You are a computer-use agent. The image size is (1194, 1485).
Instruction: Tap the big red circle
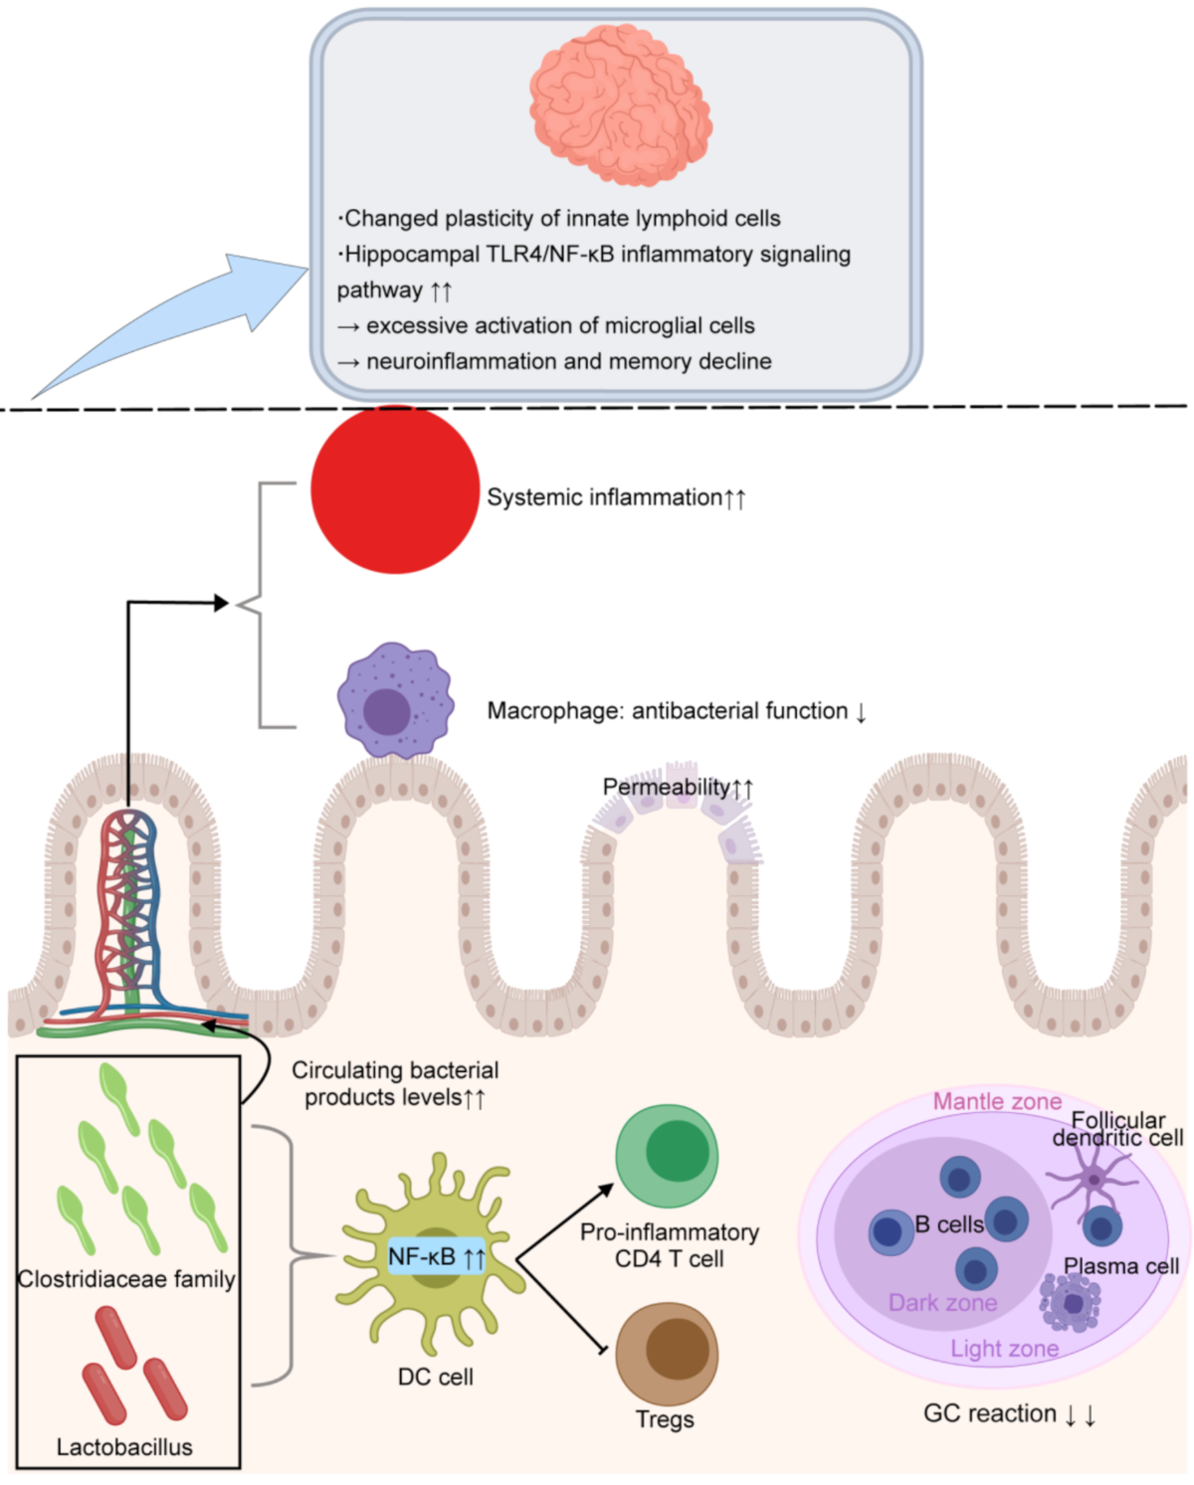(x=395, y=489)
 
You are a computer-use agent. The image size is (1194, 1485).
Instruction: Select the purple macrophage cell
(x=394, y=701)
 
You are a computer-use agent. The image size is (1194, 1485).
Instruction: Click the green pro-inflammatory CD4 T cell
(x=666, y=1156)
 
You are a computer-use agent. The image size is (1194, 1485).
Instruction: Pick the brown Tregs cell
(x=666, y=1353)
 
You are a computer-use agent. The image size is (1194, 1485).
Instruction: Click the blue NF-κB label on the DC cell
(x=436, y=1257)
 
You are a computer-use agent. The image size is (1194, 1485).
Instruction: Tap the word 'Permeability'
(x=666, y=787)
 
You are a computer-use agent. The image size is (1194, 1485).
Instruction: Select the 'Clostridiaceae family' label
(x=126, y=1279)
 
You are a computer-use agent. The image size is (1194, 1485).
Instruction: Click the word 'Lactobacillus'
(x=124, y=1447)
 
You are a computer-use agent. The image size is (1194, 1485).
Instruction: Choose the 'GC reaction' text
(x=990, y=1413)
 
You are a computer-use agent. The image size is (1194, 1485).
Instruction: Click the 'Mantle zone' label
(x=996, y=1101)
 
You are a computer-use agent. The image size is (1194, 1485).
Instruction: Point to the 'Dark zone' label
(x=942, y=1303)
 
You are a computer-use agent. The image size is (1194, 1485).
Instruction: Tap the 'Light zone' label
(x=1004, y=1349)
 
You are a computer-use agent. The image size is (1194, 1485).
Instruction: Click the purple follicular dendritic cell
(x=1093, y=1181)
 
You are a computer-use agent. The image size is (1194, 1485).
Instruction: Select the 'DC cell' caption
(x=435, y=1377)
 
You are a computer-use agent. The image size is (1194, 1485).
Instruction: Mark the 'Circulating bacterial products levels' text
(x=395, y=1084)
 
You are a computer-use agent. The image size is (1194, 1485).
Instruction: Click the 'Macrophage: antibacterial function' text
(x=667, y=711)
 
